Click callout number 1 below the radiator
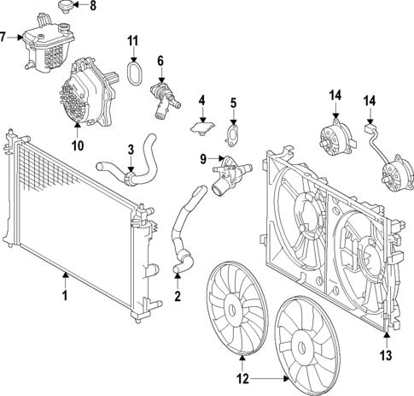point(63,297)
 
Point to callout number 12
point(242,376)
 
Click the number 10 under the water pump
point(78,146)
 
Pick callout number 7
point(5,37)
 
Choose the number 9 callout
point(203,158)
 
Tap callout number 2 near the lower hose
point(177,297)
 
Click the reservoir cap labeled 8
point(62,8)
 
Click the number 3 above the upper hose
point(131,150)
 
